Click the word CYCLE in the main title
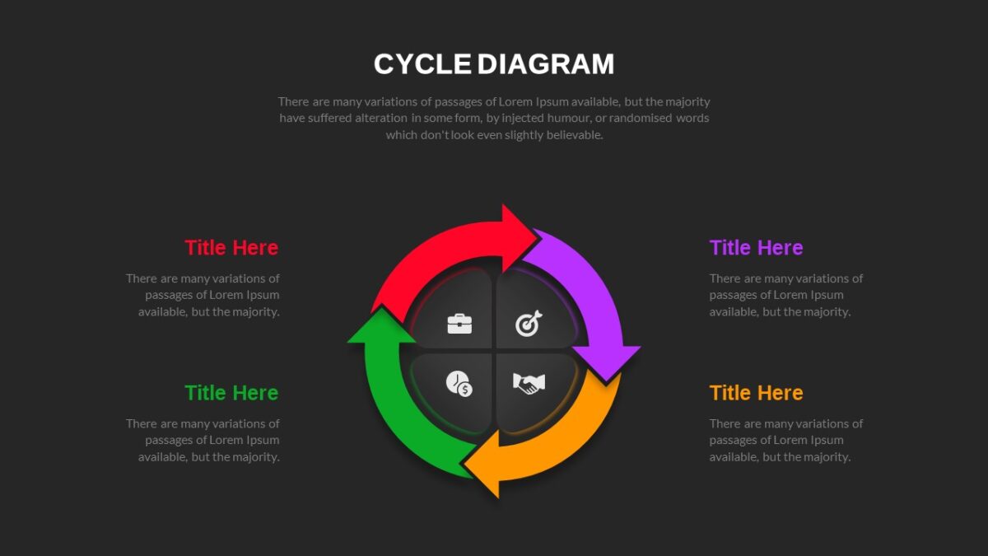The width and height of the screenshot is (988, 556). tap(422, 64)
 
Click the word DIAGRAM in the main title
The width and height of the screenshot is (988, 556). tap(546, 64)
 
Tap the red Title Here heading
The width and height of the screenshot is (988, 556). tap(231, 248)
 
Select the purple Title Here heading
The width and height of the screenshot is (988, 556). tap(756, 248)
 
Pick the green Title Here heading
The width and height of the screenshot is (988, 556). tap(231, 393)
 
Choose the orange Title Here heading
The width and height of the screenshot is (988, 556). tap(756, 393)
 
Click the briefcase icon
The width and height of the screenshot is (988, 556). tap(459, 324)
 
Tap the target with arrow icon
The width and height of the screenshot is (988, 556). tap(529, 324)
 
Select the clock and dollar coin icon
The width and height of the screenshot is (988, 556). tap(459, 384)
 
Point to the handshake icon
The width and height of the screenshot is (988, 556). tap(529, 384)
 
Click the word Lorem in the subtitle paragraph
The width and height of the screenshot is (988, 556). tap(516, 102)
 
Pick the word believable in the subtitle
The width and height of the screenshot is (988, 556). tap(575, 135)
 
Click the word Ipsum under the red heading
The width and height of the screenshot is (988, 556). tap(263, 295)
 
